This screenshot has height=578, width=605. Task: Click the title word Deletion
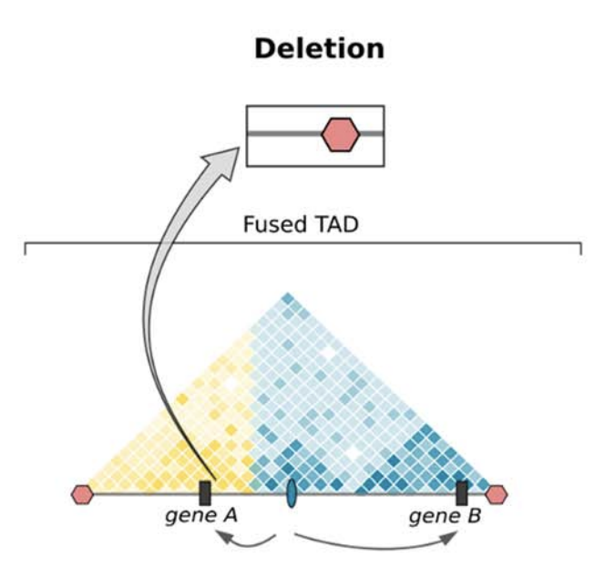coord(319,48)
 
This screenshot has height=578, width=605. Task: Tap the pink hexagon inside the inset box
coord(341,135)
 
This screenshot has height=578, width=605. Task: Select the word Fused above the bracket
coord(272,224)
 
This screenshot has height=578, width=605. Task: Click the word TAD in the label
coord(335,224)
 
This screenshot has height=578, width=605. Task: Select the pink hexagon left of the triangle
coord(82,494)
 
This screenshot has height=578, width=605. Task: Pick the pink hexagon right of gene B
coord(497,494)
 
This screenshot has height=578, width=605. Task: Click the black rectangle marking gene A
coord(205,492)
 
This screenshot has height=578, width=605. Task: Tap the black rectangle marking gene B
coord(462,492)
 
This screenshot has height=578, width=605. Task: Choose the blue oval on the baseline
coord(292,492)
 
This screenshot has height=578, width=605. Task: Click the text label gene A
coord(201,516)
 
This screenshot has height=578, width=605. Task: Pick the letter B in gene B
coord(475,515)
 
